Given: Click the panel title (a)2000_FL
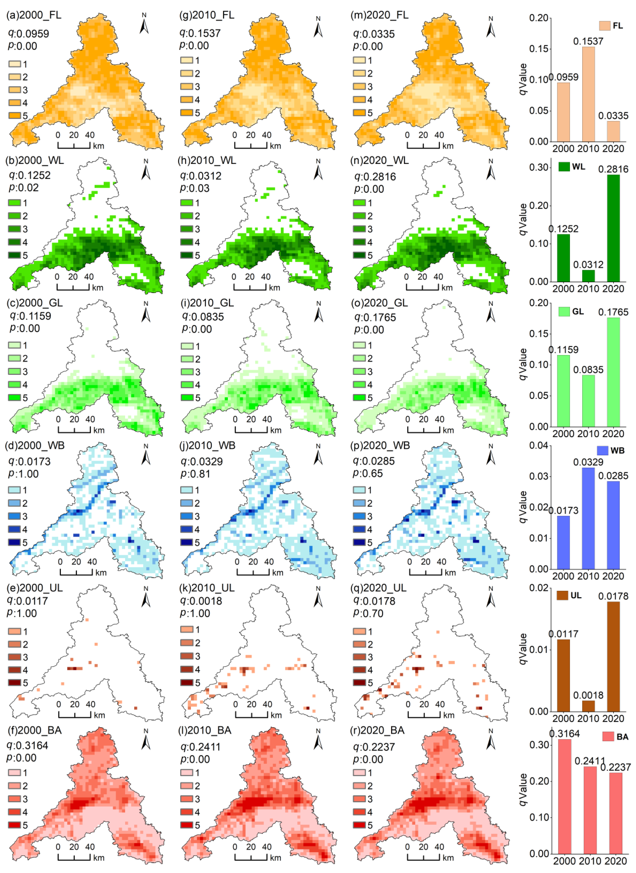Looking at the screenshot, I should tap(34, 15).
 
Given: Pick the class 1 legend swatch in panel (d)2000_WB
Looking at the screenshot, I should tap(15, 490).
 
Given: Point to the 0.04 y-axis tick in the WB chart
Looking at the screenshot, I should tap(538, 446).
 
